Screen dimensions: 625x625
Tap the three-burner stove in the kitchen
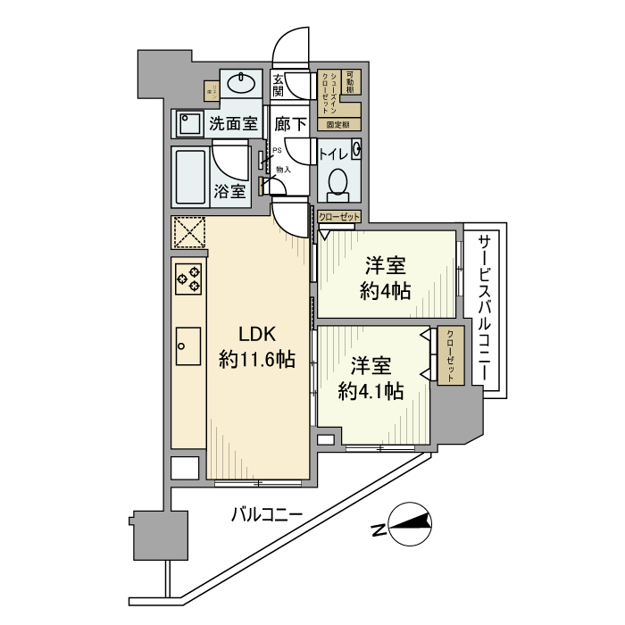coord(188,280)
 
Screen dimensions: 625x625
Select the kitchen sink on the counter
coord(188,343)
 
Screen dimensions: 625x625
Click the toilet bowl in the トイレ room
coord(337,182)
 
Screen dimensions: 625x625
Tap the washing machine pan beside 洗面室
coord(188,123)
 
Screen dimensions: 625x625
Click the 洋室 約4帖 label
coord(387,278)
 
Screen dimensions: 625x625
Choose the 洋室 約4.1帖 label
coord(370,378)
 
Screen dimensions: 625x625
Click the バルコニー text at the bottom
coord(267,515)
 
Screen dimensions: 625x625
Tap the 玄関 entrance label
coord(279,85)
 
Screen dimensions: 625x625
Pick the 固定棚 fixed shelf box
coord(337,125)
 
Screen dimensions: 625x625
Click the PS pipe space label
coord(277,151)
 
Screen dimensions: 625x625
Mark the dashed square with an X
coord(188,234)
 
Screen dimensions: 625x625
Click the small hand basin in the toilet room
coord(356,150)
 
